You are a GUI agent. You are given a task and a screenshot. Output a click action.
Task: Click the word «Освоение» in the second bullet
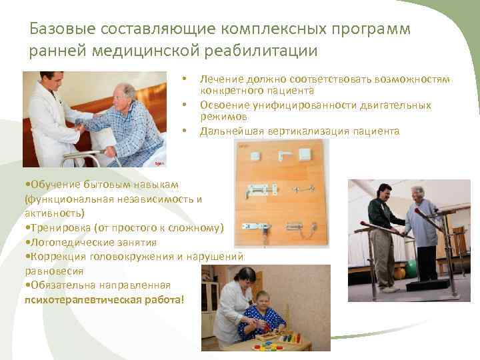[x=221, y=105]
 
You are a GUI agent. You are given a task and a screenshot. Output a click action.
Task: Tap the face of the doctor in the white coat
[x=53, y=84]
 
